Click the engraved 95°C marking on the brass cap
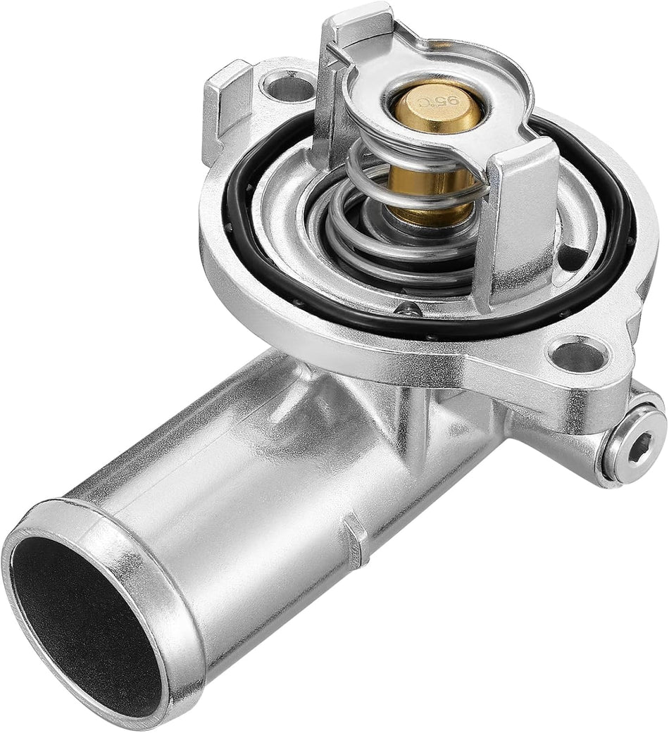pyautogui.click(x=437, y=104)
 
